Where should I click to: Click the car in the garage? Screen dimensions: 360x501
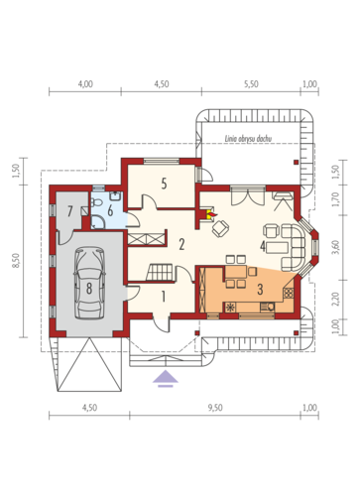[89, 284]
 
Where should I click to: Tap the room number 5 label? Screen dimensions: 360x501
[164, 184]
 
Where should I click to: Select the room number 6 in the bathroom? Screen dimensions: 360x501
[110, 210]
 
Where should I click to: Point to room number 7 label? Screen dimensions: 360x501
[69, 211]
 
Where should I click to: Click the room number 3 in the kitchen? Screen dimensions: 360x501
[260, 290]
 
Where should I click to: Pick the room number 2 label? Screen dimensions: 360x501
[181, 245]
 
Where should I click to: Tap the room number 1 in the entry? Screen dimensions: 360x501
[164, 297]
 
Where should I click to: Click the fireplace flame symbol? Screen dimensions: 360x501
[210, 215]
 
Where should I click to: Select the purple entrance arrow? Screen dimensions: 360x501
[166, 379]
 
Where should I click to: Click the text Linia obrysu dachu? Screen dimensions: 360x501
[248, 139]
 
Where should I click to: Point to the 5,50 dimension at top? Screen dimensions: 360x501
[251, 84]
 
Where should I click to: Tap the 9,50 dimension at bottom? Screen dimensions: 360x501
[215, 408]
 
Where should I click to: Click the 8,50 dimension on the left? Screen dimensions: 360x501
[17, 261]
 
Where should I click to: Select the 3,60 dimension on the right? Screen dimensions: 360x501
[336, 247]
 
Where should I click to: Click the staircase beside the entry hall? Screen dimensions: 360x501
[160, 272]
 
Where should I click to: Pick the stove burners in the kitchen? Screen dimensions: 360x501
[289, 293]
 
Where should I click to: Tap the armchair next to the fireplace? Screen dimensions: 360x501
[220, 228]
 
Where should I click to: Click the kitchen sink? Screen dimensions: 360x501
[267, 308]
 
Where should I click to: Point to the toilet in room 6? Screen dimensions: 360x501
[96, 201]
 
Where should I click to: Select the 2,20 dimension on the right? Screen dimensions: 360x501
[336, 300]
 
